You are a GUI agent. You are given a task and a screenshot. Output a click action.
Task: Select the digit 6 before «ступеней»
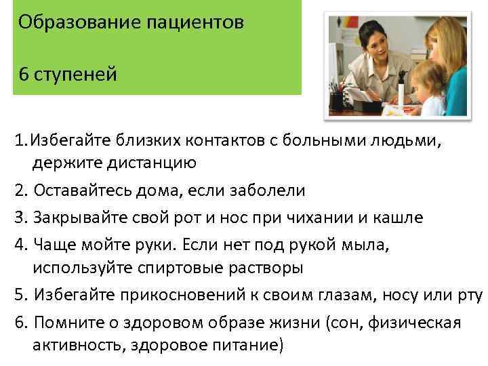click(x=24, y=73)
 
